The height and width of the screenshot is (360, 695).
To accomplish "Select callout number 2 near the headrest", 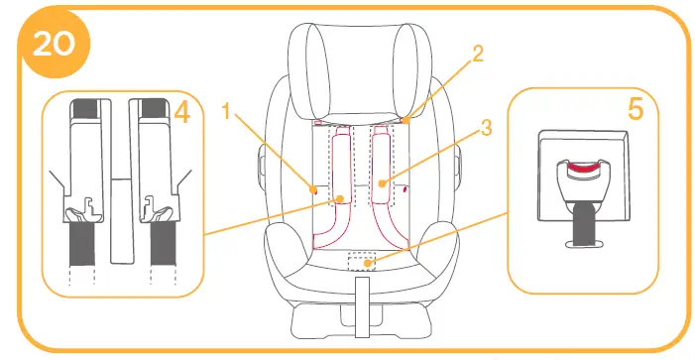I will [478, 56].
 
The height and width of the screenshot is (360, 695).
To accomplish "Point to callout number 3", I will [486, 127].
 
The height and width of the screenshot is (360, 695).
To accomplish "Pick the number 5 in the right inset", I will [635, 108].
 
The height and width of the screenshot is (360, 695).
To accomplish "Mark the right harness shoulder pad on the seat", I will [383, 169].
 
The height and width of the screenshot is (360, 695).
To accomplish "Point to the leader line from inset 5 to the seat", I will [446, 236].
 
